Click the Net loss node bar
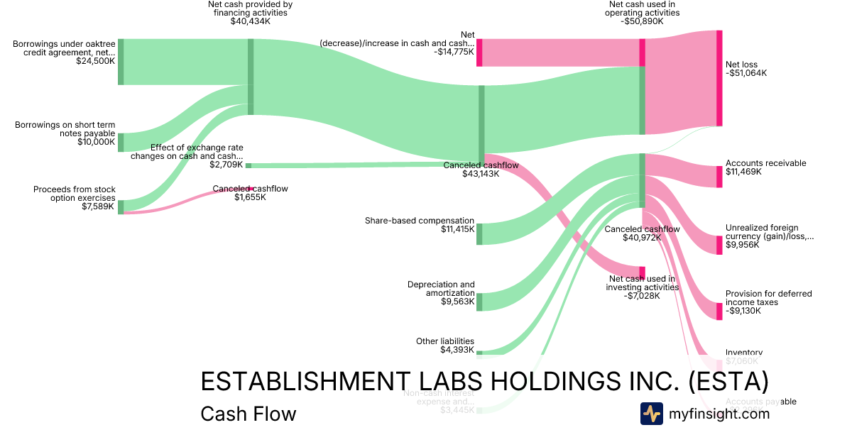coord(719,78)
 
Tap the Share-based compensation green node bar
coord(479,233)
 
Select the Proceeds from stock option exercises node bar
coord(121,206)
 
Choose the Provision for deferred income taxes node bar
coord(719,311)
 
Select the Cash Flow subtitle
coord(248,414)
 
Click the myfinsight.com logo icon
coord(651,414)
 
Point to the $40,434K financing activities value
coord(250,21)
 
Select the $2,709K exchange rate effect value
coord(226,165)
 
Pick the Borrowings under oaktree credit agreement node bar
coord(121,62)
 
